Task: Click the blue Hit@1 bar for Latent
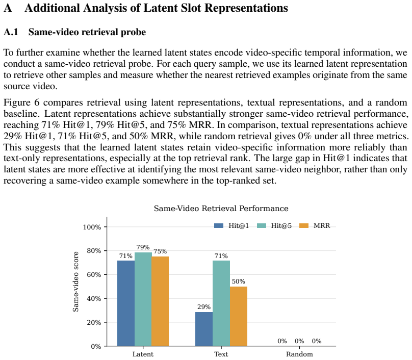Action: (126, 303)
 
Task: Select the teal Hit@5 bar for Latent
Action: (143, 299)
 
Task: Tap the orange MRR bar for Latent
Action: (160, 301)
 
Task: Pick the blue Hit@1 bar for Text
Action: (204, 329)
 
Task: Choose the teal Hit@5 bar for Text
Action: (221, 303)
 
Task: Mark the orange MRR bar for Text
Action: (239, 316)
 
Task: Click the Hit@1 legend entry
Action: (231, 226)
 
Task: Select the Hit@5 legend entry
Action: (274, 226)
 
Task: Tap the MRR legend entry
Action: (315, 226)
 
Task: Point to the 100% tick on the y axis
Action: (92, 227)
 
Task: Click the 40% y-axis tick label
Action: (94, 299)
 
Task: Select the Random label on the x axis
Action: (299, 354)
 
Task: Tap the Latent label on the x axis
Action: (143, 354)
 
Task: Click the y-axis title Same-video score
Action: (75, 281)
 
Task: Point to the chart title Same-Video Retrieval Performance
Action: (221, 209)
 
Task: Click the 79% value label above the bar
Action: (143, 247)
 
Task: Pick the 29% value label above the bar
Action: (204, 307)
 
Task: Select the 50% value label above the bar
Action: (238, 281)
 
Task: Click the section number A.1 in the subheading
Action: (11, 32)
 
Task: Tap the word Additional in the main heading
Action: (52, 8)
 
